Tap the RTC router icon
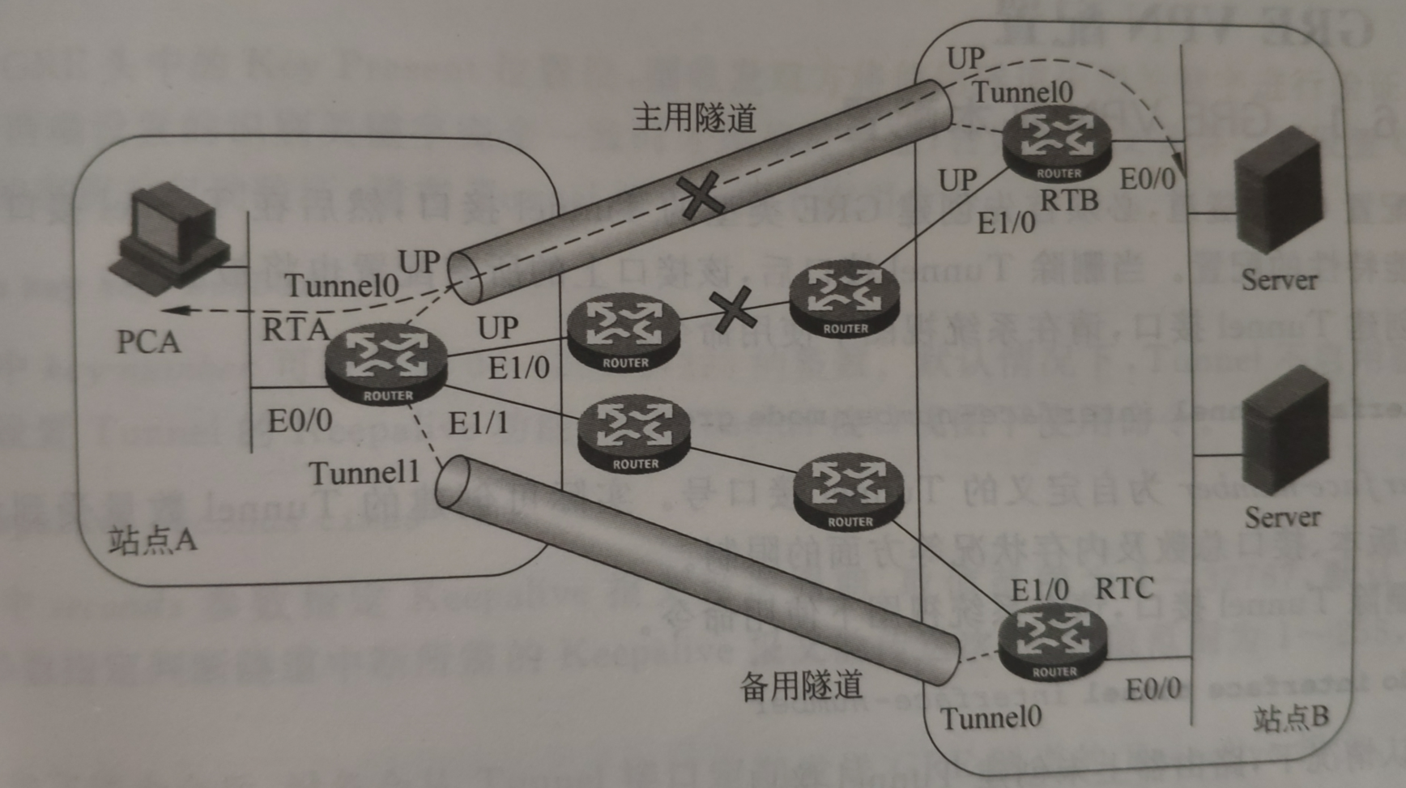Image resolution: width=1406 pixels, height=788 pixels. coord(1052,644)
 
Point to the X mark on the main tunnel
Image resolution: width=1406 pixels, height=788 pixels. coord(701,195)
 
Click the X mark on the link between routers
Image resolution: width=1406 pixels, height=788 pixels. coord(734,310)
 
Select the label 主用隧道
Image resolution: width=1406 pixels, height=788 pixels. coord(693,118)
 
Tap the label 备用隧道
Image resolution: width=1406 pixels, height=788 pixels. coord(800,686)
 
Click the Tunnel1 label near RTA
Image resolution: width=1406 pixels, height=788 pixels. coord(364,473)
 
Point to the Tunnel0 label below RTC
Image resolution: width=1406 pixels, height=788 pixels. coord(991,718)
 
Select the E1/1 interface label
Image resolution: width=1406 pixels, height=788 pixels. coord(478,422)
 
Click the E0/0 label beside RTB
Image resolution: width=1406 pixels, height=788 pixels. coord(1147,179)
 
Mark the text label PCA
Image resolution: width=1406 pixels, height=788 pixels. coord(148,341)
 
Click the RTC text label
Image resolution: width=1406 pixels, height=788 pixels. coord(1124,589)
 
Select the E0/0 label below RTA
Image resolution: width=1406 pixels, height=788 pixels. coord(300,420)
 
